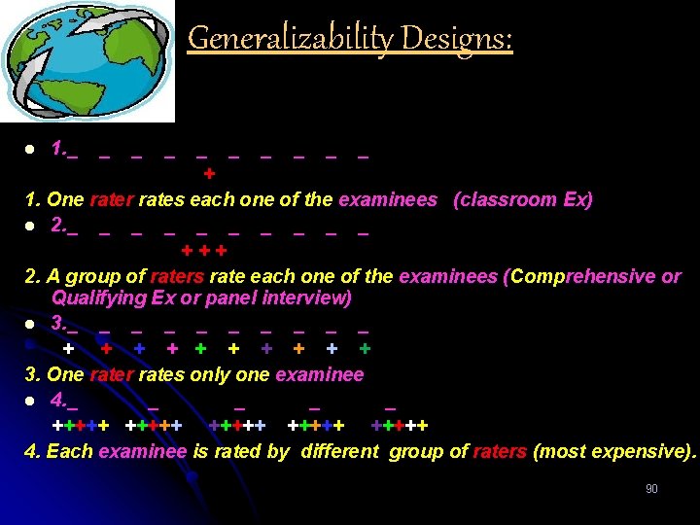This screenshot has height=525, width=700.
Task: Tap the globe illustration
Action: click(x=87, y=60)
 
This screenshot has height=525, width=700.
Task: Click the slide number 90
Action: click(x=651, y=489)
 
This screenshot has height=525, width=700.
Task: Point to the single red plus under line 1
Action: click(x=209, y=174)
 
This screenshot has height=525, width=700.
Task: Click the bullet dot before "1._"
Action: click(x=31, y=150)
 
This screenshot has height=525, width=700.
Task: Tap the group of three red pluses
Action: click(x=211, y=251)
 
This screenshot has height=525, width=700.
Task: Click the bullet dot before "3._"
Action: click(x=31, y=324)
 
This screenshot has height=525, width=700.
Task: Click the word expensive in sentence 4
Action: click(x=639, y=450)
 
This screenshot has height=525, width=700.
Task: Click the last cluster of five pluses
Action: click(x=400, y=426)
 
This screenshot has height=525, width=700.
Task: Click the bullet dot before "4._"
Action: click(x=31, y=401)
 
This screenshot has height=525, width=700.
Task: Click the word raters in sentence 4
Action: click(x=500, y=450)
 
